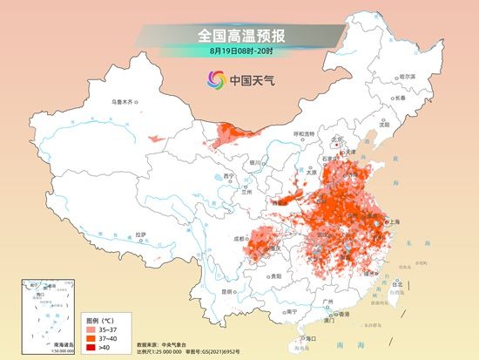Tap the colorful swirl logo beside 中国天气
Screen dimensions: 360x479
(x=214, y=80)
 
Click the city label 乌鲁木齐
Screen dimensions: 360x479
(x=125, y=103)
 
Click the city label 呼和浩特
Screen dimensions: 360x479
(x=303, y=133)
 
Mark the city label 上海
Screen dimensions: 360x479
(x=390, y=222)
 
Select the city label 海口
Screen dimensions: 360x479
(x=307, y=336)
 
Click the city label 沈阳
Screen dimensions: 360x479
(x=382, y=125)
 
